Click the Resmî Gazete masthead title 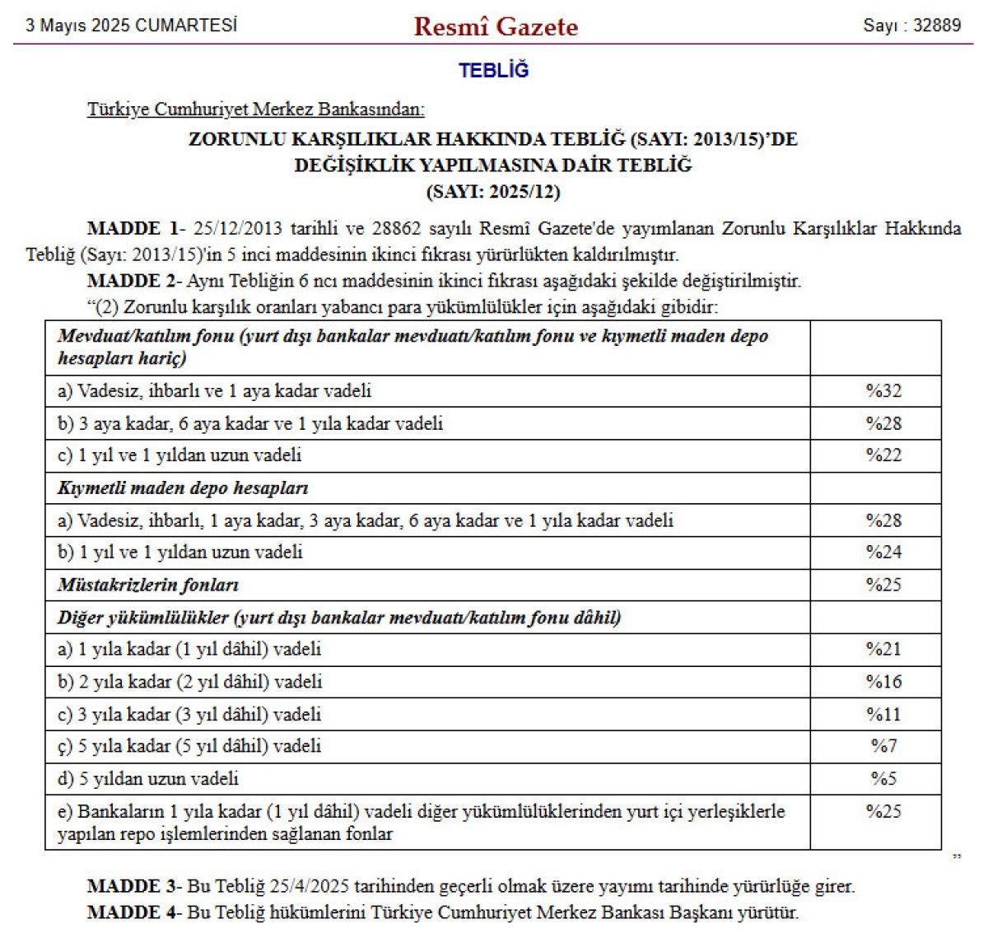[x=496, y=26]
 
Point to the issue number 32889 [x=937, y=25]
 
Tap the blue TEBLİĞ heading [x=494, y=71]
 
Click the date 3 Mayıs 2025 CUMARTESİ [x=131, y=25]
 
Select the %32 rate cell [x=883, y=391]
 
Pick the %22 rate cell [x=883, y=455]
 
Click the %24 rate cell [x=883, y=553]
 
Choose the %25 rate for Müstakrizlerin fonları [x=883, y=585]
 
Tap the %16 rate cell [x=883, y=682]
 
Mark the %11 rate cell [x=883, y=714]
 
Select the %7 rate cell [x=883, y=746]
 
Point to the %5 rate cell [x=883, y=778]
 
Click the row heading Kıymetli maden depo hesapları [x=183, y=488]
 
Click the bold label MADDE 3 [x=132, y=887]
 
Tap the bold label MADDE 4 [x=132, y=912]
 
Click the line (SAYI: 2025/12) [x=493, y=192]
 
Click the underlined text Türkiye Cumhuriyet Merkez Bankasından [x=256, y=110]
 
